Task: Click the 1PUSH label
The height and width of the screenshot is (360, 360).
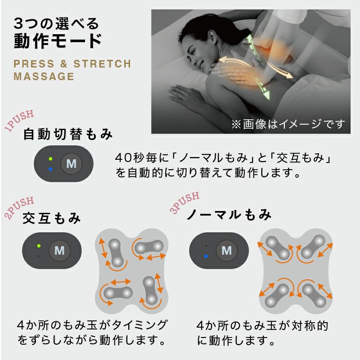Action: [x=19, y=120]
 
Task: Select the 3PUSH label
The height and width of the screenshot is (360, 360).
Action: [x=184, y=203]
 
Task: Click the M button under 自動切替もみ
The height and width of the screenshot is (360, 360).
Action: [x=71, y=163]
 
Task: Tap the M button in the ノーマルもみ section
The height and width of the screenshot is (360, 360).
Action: [x=226, y=250]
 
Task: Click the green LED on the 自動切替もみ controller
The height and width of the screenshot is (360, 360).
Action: [x=50, y=159]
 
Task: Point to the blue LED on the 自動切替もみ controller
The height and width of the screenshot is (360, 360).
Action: [x=50, y=169]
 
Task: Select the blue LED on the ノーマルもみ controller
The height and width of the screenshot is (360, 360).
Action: [x=206, y=256]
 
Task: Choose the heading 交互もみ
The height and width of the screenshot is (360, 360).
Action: [x=52, y=219]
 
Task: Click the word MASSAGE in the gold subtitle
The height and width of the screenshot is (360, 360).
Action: [x=44, y=76]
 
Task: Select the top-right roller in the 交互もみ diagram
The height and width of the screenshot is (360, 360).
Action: [x=149, y=247]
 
